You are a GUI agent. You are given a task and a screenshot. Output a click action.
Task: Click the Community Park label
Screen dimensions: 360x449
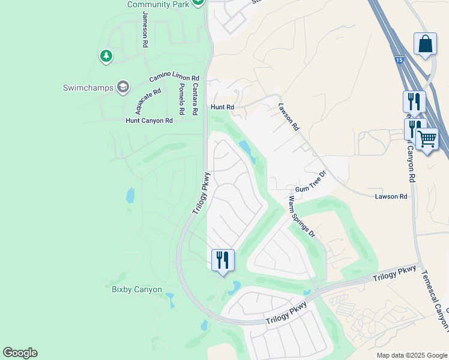pyautogui.click(x=158, y=4)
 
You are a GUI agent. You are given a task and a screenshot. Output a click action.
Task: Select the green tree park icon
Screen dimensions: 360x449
pyautogui.click(x=106, y=56)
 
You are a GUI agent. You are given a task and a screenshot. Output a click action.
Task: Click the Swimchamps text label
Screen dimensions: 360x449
pyautogui.click(x=88, y=88)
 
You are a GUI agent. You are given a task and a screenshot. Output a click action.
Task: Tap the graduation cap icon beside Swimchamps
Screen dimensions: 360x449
pyautogui.click(x=123, y=88)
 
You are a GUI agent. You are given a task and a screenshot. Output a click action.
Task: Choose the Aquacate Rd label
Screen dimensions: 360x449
pyautogui.click(x=148, y=101)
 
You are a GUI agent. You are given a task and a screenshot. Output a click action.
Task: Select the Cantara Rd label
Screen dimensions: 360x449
pyautogui.click(x=194, y=100)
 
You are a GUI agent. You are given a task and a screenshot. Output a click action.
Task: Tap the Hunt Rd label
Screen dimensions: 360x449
pyautogui.click(x=221, y=107)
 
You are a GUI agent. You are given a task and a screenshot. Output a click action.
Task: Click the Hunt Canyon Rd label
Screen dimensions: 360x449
pyautogui.click(x=149, y=121)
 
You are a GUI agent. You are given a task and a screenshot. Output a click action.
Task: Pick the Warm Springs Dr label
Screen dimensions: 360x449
pyautogui.click(x=301, y=217)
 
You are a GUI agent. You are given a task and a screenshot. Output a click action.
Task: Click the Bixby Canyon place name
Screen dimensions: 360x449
pyautogui.click(x=137, y=289)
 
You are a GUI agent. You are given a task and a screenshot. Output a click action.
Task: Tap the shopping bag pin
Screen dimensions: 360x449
pyautogui.click(x=425, y=44)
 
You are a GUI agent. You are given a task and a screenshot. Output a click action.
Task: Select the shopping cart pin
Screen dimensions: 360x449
pyautogui.click(x=427, y=139)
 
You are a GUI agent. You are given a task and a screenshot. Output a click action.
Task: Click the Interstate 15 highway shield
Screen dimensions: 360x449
pyautogui.click(x=399, y=60)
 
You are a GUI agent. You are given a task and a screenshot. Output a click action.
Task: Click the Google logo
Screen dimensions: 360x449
pyautogui.click(x=20, y=353)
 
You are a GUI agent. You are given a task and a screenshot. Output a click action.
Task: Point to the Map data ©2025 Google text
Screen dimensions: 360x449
pyautogui.click(x=411, y=355)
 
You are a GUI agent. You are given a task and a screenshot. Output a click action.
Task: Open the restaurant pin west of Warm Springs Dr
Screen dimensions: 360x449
pyautogui.click(x=223, y=260)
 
